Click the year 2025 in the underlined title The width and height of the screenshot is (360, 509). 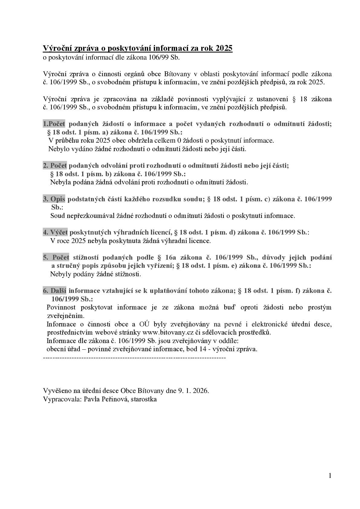point(224,48)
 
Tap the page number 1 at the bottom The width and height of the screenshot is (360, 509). point(330,476)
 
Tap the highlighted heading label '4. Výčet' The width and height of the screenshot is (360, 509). point(55,232)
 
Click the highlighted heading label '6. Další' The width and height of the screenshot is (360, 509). point(54,291)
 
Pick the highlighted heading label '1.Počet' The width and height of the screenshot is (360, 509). point(54,124)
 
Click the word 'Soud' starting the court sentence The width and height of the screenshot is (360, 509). point(57,216)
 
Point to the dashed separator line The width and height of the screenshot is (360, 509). point(135,358)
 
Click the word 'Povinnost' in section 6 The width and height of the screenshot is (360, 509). point(62,307)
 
